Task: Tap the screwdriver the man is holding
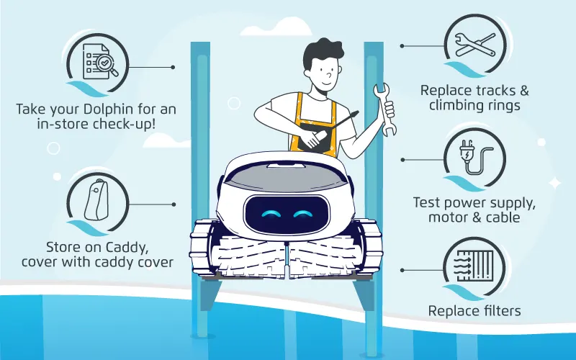(314, 131)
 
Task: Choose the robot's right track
(367, 248)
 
